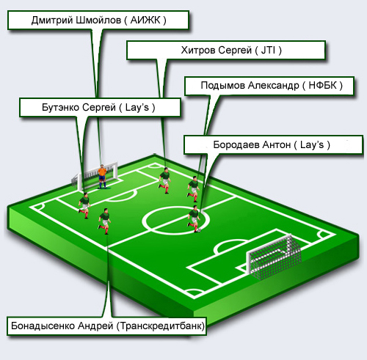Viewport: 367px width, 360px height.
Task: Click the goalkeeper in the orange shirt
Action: pos(102,177)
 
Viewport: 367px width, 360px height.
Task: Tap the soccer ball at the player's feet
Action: pos(199,230)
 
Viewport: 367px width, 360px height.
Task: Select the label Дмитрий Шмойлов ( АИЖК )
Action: pos(98,20)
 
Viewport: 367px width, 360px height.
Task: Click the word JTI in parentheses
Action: pos(268,50)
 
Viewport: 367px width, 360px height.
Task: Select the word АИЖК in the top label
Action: pos(145,20)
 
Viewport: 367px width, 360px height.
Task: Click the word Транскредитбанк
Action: pos(161,326)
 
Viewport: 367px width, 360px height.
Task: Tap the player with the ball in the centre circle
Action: pos(194,218)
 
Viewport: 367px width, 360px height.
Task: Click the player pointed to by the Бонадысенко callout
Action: pos(105,221)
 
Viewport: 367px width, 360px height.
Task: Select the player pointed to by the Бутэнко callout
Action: pos(84,205)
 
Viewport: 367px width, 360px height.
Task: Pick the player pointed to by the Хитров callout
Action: pos(164,180)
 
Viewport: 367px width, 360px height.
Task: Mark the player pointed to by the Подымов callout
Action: pos(194,189)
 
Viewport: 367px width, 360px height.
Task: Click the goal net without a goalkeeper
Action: pos(274,257)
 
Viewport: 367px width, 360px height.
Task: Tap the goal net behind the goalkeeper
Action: pos(95,176)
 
